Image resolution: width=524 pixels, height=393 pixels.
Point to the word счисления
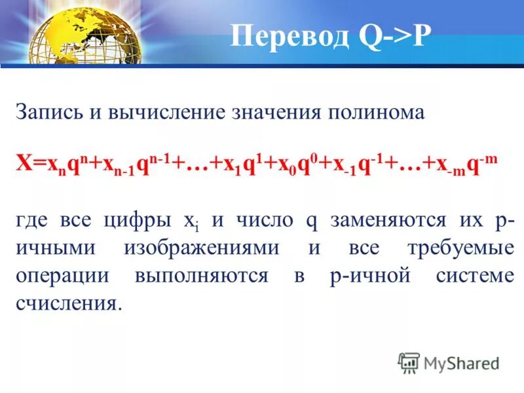click(69, 304)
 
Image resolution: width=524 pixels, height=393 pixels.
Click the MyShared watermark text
click(462, 362)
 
